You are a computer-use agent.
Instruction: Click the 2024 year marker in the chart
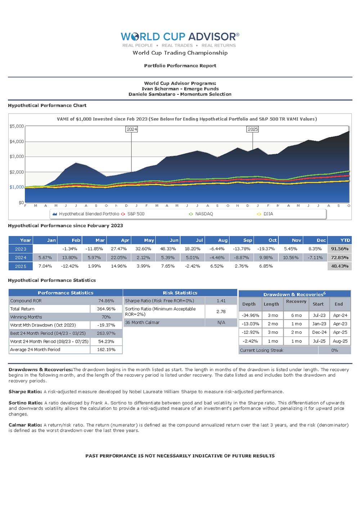[x=132, y=129]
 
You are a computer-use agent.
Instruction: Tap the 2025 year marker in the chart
[x=253, y=129]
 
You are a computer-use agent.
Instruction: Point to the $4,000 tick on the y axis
[x=17, y=141]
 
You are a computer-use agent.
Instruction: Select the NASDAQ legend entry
[x=204, y=214]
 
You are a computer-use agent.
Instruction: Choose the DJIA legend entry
[x=268, y=214]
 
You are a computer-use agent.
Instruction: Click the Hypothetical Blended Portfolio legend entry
[x=89, y=214]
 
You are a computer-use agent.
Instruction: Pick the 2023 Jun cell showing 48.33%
[x=168, y=249]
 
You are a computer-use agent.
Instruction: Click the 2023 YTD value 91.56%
[x=339, y=249]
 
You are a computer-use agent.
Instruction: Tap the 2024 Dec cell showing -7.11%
[x=315, y=258]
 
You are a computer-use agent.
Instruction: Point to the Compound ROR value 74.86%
[x=106, y=301]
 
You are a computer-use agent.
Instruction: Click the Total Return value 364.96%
[x=106, y=309]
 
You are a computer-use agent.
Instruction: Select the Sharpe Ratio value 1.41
[x=221, y=301]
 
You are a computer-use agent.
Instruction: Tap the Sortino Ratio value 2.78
[x=221, y=312]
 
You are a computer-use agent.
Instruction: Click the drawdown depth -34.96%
[x=250, y=316]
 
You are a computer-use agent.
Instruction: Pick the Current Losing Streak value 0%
[x=334, y=350]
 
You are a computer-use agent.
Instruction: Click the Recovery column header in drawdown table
[x=296, y=301]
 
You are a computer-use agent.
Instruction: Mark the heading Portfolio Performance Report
[x=180, y=66]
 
